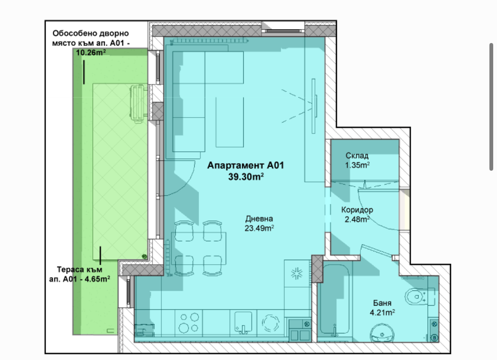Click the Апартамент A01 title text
(x=246, y=165)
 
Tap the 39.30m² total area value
(x=246, y=177)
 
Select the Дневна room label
(x=259, y=219)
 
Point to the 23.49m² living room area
(x=259, y=228)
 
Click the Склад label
(x=357, y=156)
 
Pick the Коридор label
(x=357, y=210)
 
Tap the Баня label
(x=382, y=303)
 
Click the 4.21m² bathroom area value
(x=382, y=312)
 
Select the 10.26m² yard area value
(x=91, y=53)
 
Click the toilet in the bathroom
(x=417, y=297)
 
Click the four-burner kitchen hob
(x=188, y=322)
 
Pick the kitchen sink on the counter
(x=243, y=322)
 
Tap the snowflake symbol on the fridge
(x=297, y=274)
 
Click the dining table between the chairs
(x=199, y=248)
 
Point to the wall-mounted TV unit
(x=314, y=106)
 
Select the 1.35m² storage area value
(x=357, y=165)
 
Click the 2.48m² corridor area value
(x=357, y=219)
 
